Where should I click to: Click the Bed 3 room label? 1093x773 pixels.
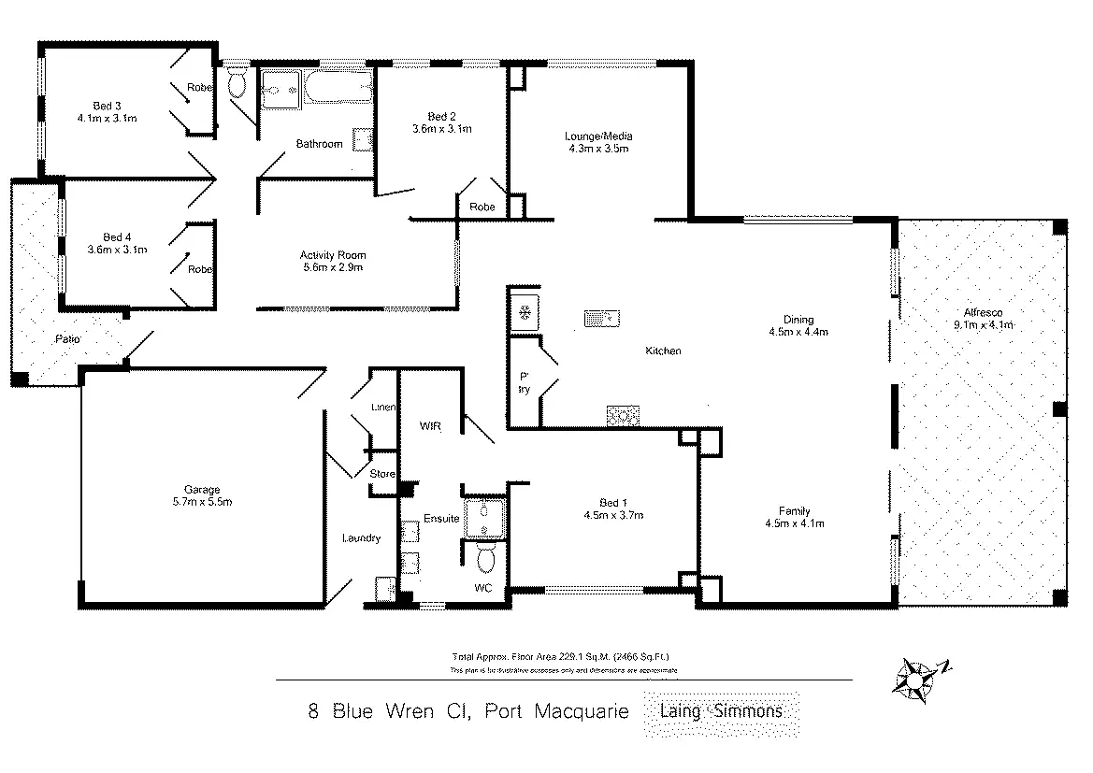(x=102, y=105)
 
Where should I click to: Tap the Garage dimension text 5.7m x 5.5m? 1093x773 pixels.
(x=201, y=502)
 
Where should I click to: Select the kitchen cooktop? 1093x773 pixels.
(x=622, y=413)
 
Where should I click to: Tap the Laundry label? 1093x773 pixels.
(x=361, y=538)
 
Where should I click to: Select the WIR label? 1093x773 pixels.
(x=430, y=426)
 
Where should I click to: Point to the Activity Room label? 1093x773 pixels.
(x=333, y=255)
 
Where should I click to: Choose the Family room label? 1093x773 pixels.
(x=794, y=510)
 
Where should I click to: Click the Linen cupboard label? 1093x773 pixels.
(x=383, y=408)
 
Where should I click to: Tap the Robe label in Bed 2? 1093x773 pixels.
(x=482, y=207)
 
